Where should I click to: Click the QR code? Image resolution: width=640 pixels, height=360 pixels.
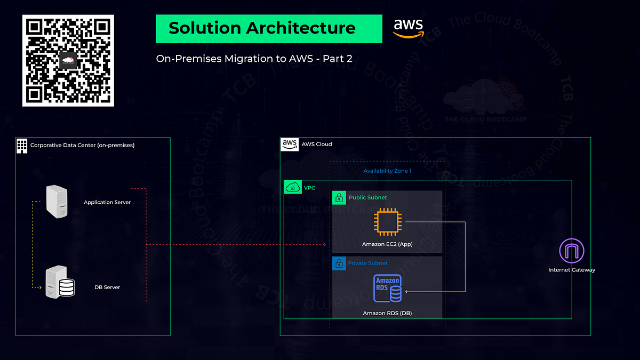68,60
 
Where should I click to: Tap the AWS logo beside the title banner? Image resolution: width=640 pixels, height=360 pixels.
409,28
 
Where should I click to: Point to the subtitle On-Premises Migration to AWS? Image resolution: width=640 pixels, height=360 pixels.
254,58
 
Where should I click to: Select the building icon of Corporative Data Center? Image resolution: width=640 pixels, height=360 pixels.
22,145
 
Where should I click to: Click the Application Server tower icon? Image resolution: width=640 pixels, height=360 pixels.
58,202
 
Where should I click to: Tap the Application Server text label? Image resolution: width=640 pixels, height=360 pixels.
107,203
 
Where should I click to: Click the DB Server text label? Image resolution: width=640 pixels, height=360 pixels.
107,287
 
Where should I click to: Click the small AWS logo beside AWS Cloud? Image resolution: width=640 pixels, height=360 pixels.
290,144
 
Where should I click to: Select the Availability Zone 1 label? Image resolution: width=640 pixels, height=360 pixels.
387,171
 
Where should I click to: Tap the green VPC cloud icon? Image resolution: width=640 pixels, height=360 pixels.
293,187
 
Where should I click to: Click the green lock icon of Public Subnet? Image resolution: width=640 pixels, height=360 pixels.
339,198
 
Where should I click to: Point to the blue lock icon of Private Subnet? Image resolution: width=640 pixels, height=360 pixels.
339,263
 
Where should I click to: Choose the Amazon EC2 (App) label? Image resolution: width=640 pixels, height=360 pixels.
387,244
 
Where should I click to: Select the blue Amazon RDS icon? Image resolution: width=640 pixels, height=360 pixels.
388,290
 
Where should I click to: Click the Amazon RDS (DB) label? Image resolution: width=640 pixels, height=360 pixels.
387,313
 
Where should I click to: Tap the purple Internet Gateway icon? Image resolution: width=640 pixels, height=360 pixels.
572,251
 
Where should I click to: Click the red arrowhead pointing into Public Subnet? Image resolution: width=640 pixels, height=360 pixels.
324,245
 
